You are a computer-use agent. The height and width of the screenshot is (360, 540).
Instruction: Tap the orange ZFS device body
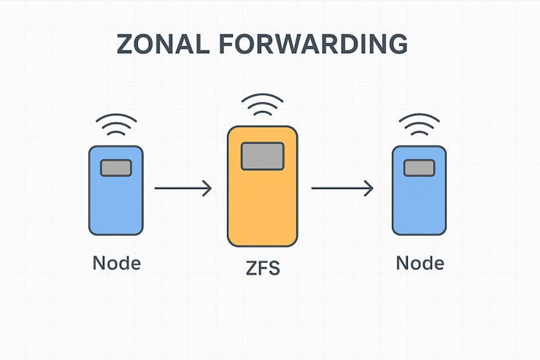pos(262,204)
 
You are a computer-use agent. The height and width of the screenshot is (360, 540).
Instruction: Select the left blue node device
pos(115,204)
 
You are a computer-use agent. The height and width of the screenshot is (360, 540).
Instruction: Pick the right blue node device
pos(419,204)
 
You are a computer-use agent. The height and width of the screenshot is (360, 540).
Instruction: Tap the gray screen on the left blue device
pos(115,168)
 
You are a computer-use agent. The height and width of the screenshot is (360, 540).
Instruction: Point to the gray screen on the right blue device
pos(419,168)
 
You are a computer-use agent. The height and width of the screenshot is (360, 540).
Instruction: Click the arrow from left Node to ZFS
pos(182,188)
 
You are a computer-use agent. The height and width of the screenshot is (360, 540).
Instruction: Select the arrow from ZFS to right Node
pos(342,188)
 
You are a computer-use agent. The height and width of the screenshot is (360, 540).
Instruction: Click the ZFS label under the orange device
pos(262,269)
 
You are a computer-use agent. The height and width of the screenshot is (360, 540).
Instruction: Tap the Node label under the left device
pos(116,263)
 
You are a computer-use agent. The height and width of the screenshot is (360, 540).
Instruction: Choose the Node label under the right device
pos(420,263)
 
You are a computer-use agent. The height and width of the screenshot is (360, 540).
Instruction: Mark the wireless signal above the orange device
pos(262,107)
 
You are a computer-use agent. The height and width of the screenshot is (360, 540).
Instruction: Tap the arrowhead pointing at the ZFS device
pos(207,188)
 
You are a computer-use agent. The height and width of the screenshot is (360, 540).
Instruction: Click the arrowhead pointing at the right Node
pos(369,188)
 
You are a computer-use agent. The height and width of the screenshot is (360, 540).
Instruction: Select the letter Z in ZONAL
pos(128,44)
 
